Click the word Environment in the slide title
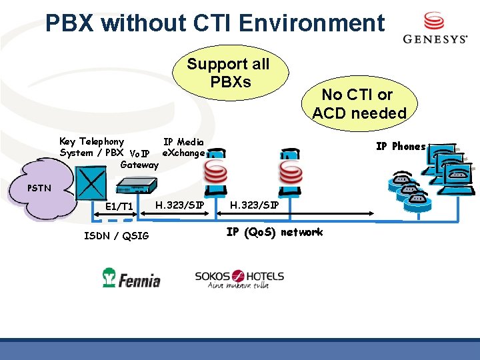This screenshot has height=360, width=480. tap(311, 23)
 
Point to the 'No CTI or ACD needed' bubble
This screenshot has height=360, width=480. tap(359, 104)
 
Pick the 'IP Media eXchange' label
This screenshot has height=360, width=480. tap(183, 147)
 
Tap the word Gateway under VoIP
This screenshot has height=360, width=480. tap(139, 165)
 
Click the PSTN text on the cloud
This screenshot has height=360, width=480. tap(39, 188)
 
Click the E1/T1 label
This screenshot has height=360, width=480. tap(119, 207)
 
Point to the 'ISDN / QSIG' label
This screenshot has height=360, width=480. tap(117, 235)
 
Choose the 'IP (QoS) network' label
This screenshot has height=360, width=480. tap(274, 232)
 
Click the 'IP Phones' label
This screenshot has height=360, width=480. tap(401, 147)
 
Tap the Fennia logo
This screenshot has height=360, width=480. tap(131, 277)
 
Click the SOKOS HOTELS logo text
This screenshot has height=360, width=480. tap(239, 275)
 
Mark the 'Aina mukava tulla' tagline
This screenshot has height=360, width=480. tap(239, 286)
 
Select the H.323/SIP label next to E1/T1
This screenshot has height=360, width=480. tap(179, 204)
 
